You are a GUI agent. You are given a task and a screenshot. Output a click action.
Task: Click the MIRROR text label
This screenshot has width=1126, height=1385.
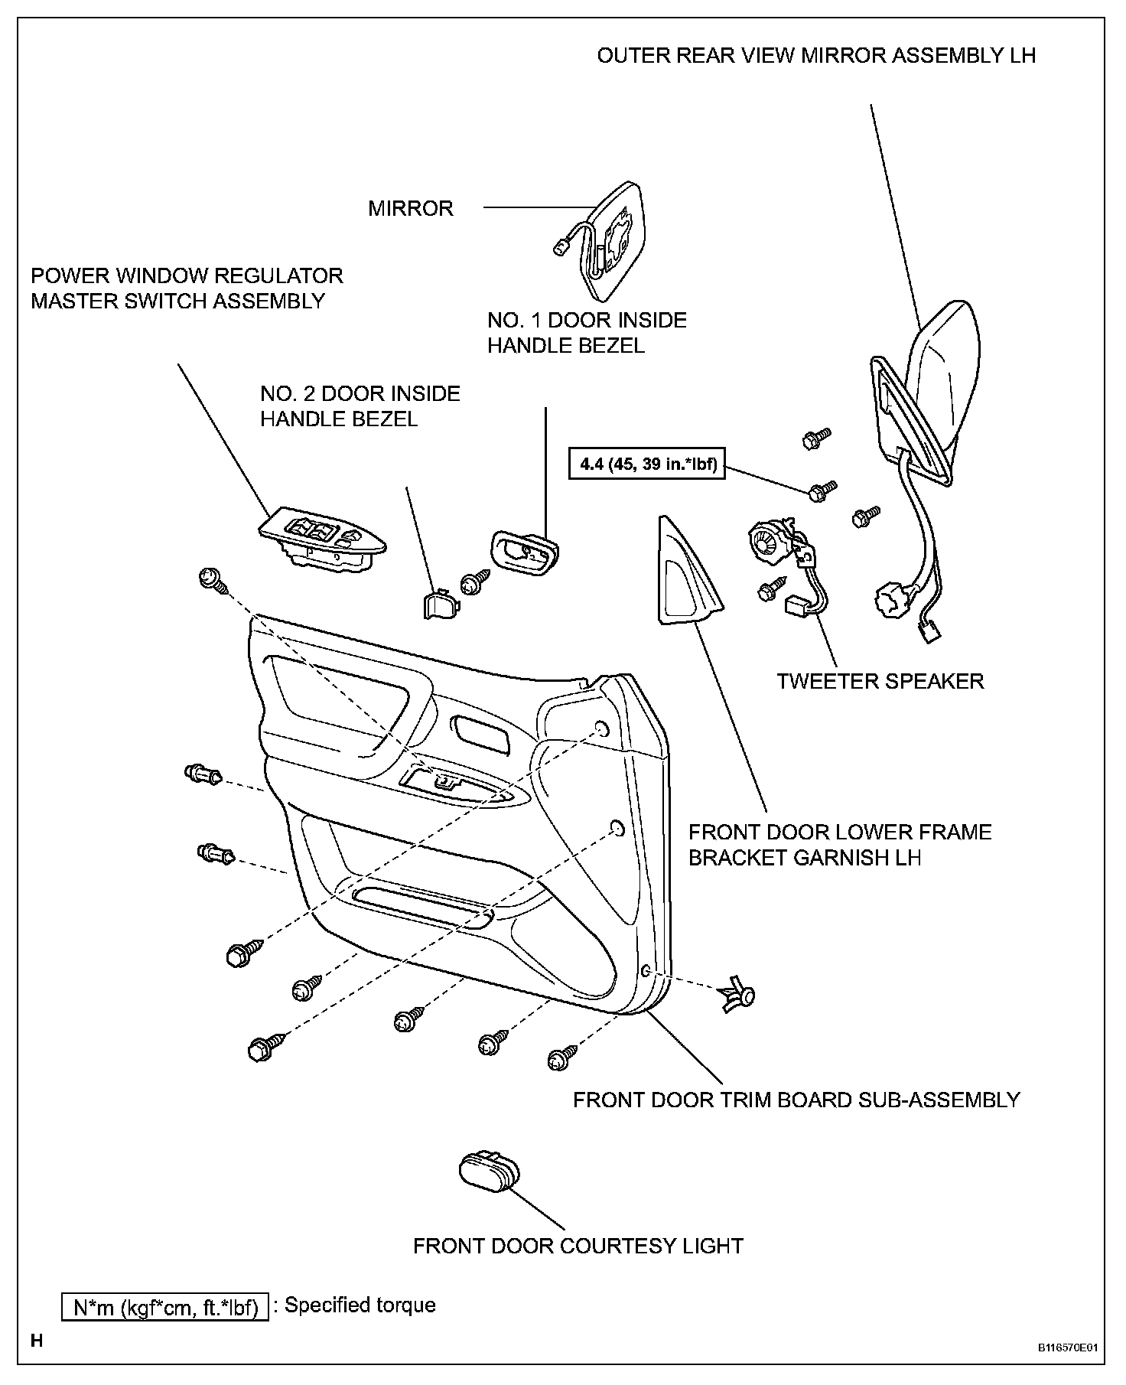[411, 208]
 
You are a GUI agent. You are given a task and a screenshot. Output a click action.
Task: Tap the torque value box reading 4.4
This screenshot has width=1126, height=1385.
[646, 464]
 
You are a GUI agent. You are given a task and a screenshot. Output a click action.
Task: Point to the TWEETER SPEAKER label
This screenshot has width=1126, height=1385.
[880, 681]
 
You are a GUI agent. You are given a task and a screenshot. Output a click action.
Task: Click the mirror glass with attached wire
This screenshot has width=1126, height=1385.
[612, 241]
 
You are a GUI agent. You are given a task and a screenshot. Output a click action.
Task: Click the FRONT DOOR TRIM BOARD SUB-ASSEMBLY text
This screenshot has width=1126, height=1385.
[796, 1100]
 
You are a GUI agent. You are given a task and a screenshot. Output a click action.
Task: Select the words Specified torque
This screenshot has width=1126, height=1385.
[360, 1305]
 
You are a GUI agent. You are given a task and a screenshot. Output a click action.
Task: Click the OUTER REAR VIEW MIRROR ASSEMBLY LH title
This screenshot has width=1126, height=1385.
[816, 56]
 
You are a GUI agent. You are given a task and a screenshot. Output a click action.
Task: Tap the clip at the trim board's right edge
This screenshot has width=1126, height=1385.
[738, 996]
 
